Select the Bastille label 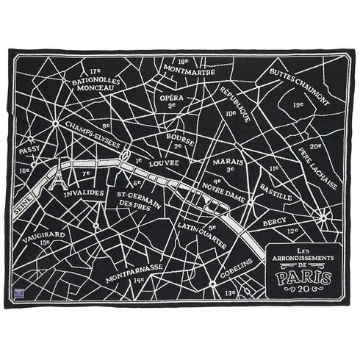point(276,198)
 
